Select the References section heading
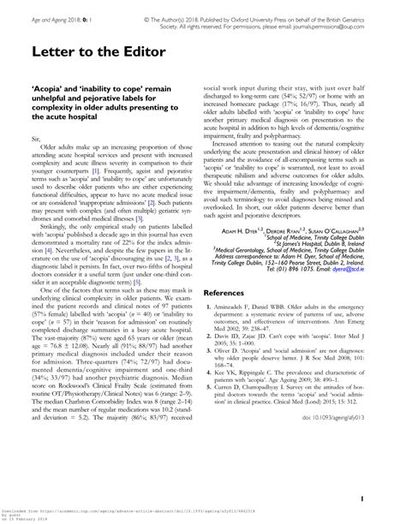coord(233,291)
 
